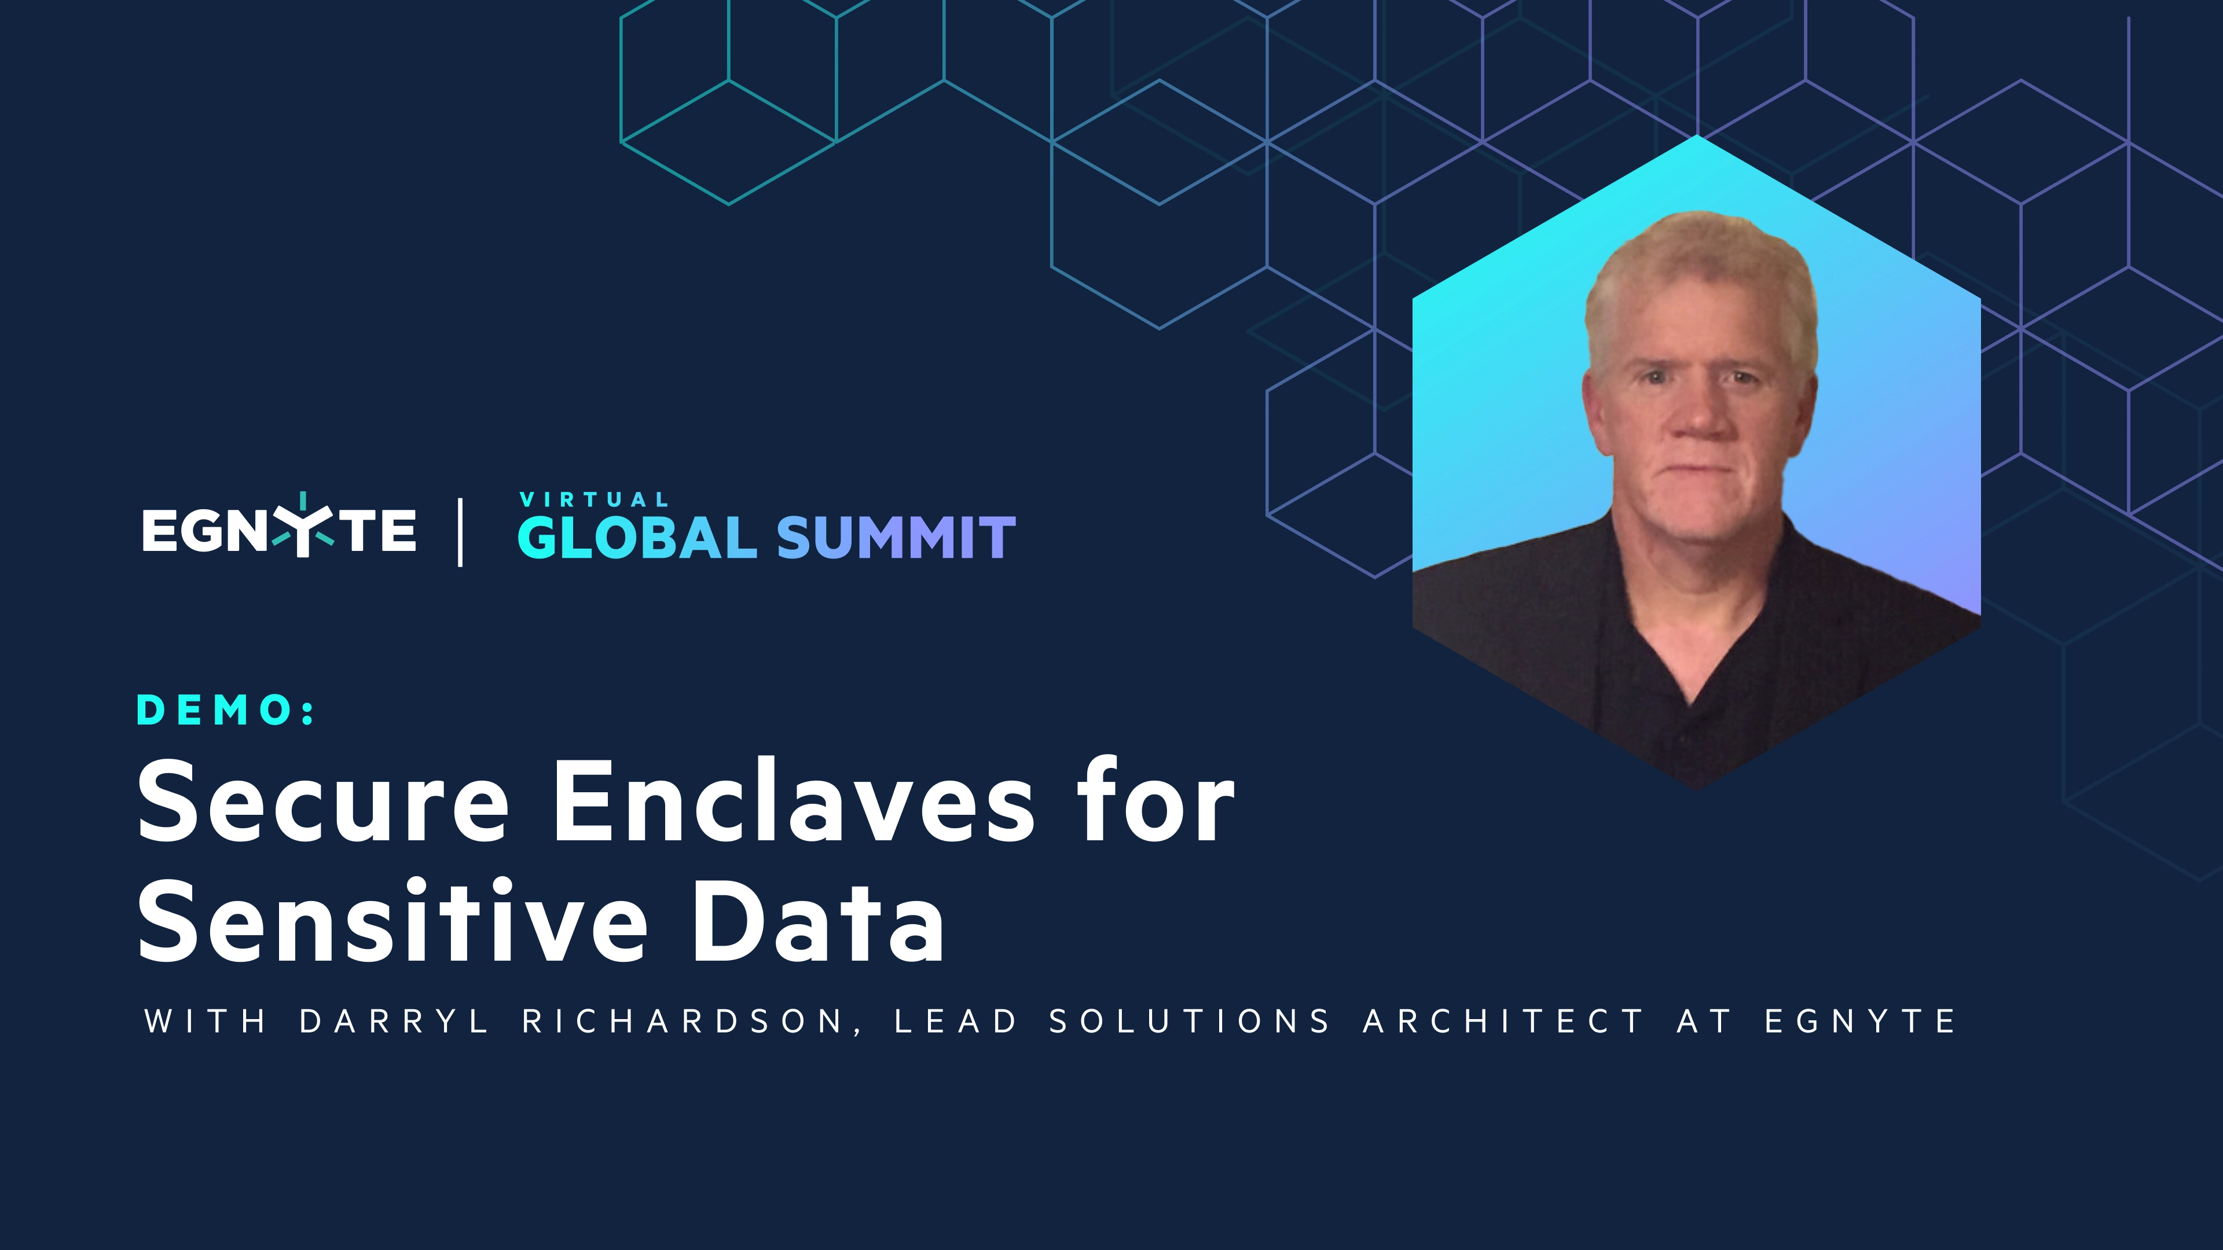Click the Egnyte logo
[x=278, y=529]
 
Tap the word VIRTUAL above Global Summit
[x=594, y=499]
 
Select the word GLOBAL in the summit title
[x=637, y=538]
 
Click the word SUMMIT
[x=896, y=538]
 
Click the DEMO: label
[x=226, y=710]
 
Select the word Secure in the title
[x=323, y=802]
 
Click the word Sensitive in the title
[x=392, y=921]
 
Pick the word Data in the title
[x=816, y=921]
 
